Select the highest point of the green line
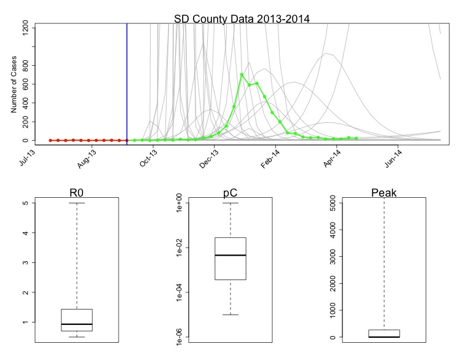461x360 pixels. click(x=242, y=74)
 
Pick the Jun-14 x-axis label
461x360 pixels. click(x=394, y=157)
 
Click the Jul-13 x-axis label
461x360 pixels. click(x=27, y=157)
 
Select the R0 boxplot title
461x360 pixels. click(x=77, y=193)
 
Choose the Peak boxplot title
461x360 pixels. click(x=384, y=193)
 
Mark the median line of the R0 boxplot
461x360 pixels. click(x=77, y=324)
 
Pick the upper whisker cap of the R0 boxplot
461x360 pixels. click(x=77, y=203)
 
